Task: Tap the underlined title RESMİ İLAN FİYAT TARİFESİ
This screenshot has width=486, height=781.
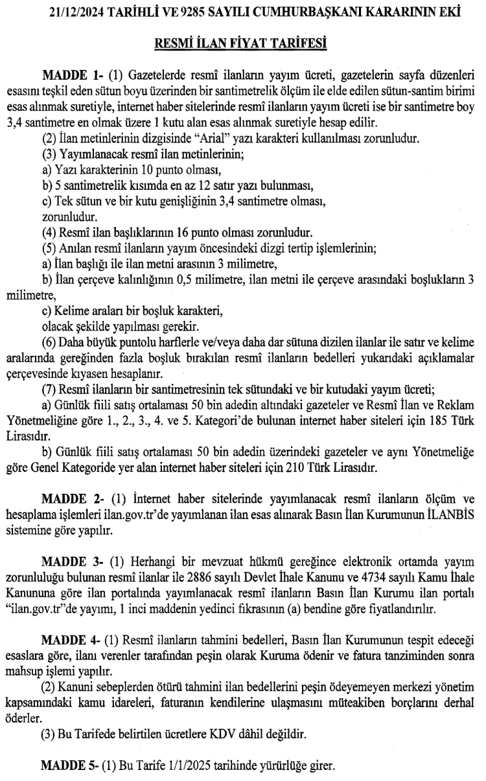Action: coord(244,44)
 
